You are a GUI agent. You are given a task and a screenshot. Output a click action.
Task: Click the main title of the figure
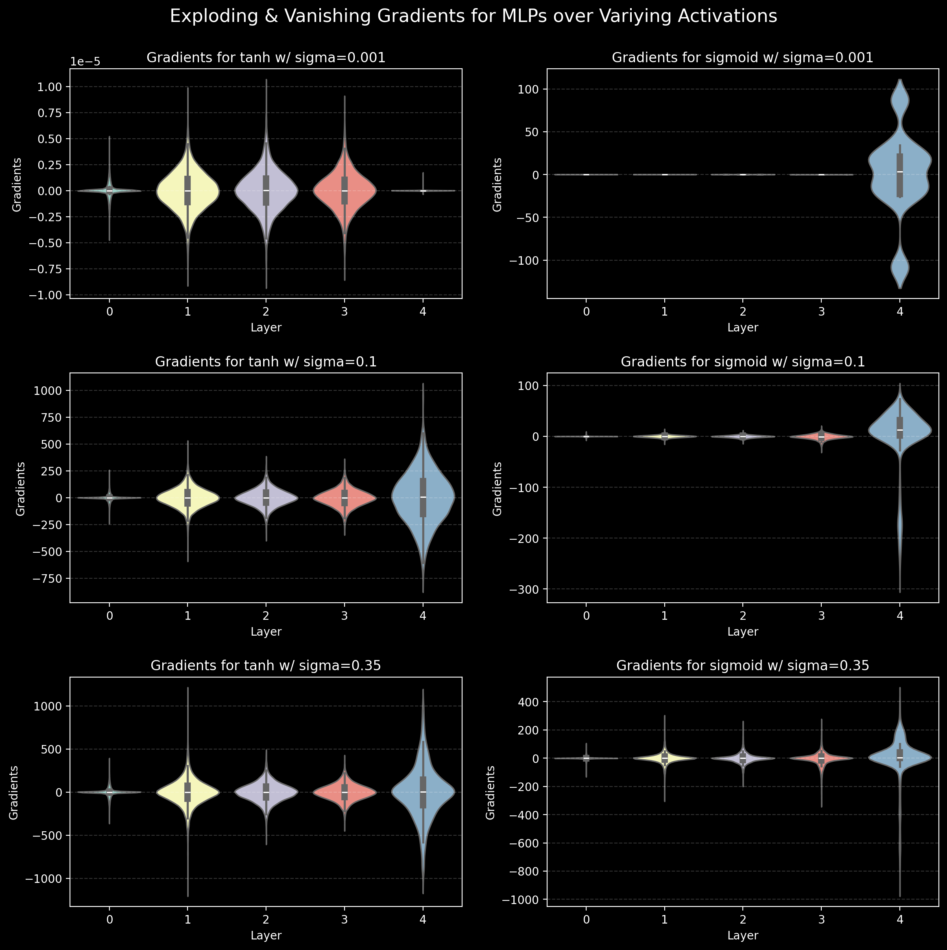coord(473,17)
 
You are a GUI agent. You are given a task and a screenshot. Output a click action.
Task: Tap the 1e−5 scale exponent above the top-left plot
coord(85,62)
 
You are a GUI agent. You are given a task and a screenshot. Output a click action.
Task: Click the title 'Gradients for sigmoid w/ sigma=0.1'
coord(742,362)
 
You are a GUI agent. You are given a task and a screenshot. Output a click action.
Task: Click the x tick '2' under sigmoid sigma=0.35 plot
coord(743,919)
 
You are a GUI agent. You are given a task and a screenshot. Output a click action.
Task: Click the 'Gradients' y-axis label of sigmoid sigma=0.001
coord(498,184)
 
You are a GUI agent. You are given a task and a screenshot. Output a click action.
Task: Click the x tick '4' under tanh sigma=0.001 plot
coord(423,311)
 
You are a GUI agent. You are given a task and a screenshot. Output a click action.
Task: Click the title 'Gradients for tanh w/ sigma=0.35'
coord(266,666)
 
